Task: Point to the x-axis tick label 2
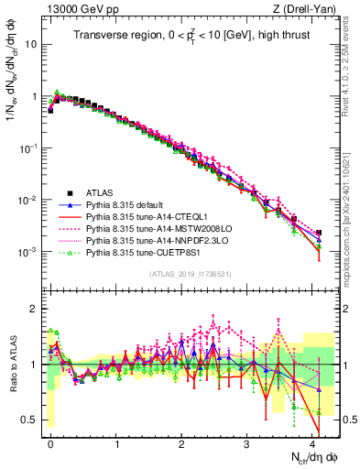click(x=181, y=442)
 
